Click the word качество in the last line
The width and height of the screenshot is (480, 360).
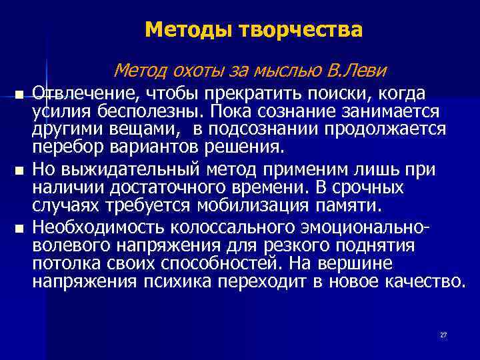(x=423, y=281)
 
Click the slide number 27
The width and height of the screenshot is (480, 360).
(x=443, y=335)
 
